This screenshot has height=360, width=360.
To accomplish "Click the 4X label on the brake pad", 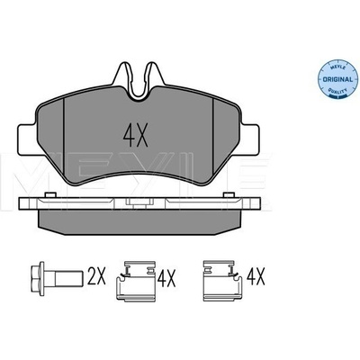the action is (136, 135).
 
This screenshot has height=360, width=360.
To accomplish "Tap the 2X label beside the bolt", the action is (96, 276).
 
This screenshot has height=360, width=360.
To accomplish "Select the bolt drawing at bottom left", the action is (57, 276).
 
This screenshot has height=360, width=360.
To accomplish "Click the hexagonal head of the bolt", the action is (37, 276).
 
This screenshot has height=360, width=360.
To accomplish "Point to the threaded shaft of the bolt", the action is (68, 276).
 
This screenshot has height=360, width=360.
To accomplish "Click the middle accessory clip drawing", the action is (136, 280).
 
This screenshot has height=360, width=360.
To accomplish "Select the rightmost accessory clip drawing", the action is (222, 280).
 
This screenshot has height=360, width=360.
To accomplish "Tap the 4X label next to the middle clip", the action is (166, 279).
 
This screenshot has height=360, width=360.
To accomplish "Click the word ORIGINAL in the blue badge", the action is (337, 80).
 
